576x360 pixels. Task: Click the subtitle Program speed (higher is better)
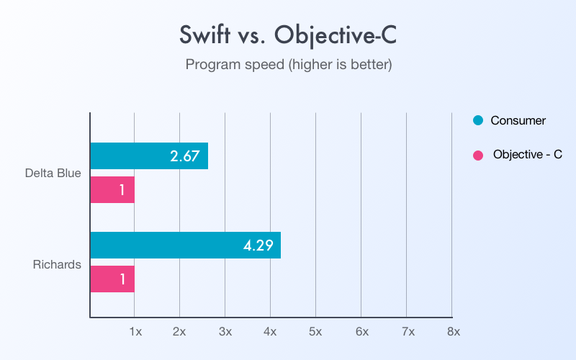(288, 65)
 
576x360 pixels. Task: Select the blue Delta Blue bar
(149, 156)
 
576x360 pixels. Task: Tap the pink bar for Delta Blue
(112, 189)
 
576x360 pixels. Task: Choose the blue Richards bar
(185, 245)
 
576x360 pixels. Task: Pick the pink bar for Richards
(112, 279)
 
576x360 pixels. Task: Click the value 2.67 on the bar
(184, 156)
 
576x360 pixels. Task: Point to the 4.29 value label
(258, 245)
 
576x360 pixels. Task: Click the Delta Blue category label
(53, 173)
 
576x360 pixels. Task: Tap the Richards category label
(57, 264)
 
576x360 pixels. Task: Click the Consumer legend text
(518, 120)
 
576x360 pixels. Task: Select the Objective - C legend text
(528, 155)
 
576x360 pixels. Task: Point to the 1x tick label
(135, 331)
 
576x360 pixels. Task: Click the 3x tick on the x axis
(225, 331)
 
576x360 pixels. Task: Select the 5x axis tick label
(315, 331)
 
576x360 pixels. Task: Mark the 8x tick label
(452, 331)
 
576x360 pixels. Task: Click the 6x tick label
(361, 331)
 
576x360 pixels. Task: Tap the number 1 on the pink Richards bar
(122, 279)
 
